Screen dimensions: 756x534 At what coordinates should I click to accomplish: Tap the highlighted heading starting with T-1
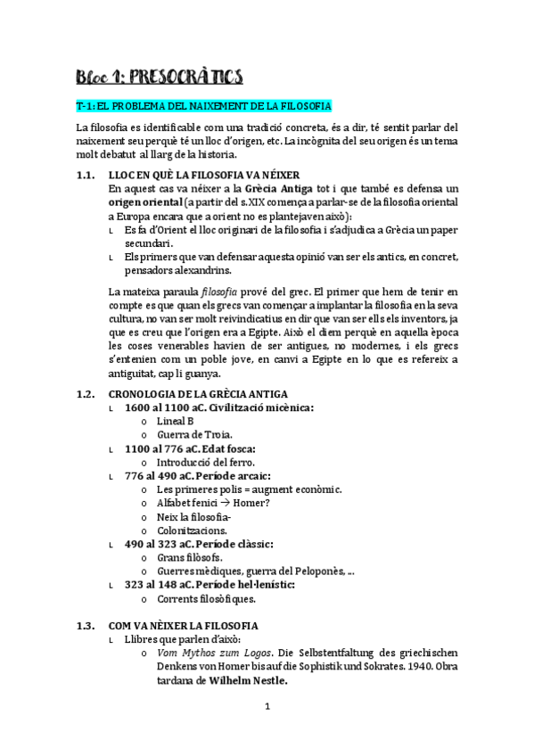click(x=204, y=106)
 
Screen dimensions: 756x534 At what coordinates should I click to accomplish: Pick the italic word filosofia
click(x=218, y=292)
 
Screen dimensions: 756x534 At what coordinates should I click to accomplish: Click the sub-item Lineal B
click(x=176, y=421)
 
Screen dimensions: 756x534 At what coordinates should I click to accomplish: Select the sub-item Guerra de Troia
click(x=193, y=434)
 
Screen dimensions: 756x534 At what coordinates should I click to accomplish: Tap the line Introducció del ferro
click(x=205, y=463)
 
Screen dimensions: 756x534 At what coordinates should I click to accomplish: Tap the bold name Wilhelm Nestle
click(x=248, y=681)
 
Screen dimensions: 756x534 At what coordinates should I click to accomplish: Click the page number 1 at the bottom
click(x=267, y=709)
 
